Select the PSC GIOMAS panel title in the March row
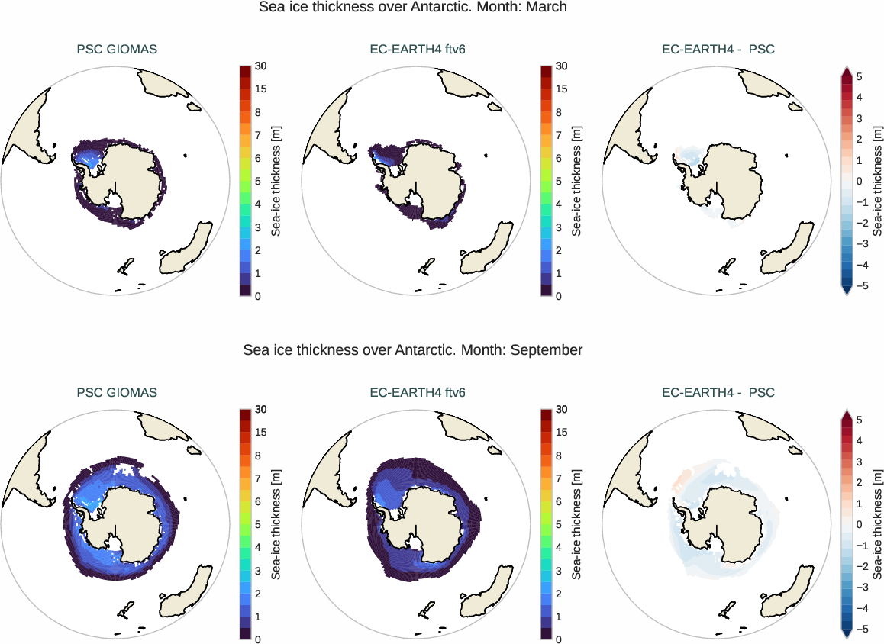(x=117, y=50)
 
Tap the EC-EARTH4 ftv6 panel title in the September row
(x=418, y=392)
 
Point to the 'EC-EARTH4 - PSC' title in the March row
(x=718, y=50)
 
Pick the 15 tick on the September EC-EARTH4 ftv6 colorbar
(x=561, y=433)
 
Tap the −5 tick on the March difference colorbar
(x=859, y=286)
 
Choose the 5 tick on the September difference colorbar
(x=859, y=420)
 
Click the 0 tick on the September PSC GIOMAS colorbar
(x=258, y=639)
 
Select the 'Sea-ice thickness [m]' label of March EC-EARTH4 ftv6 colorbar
(x=577, y=180)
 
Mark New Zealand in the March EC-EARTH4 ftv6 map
(x=424, y=267)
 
